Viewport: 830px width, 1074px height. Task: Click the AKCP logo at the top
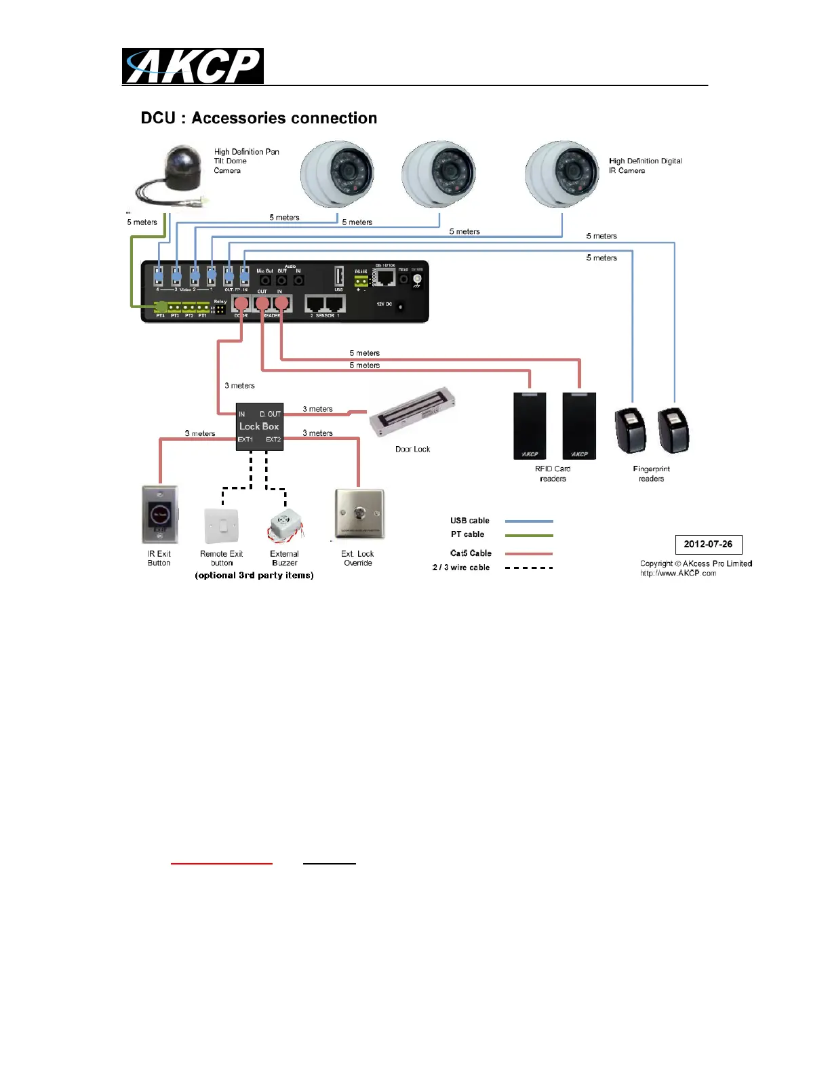tap(193, 66)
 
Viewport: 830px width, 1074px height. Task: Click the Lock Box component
tap(259, 426)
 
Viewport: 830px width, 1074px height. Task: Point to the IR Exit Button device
tap(160, 515)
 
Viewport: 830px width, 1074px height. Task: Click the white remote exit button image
tap(222, 526)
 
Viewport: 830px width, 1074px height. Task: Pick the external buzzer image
tap(285, 526)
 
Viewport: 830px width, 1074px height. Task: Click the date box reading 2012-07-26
tap(709, 544)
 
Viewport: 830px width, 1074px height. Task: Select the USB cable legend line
tap(529, 521)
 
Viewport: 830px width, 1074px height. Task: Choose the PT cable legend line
tap(529, 535)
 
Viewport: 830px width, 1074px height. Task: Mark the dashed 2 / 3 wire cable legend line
tap(529, 568)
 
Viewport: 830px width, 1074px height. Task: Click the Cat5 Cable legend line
tap(529, 554)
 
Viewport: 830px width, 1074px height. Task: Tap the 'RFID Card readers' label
tap(553, 474)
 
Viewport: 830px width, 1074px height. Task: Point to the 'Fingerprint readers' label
tap(651, 474)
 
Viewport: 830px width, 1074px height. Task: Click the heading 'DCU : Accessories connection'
tap(258, 118)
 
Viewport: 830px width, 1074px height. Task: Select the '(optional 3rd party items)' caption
tap(254, 576)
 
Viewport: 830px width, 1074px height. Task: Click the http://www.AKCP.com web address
tap(678, 574)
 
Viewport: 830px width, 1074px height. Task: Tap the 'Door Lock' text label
tap(412, 450)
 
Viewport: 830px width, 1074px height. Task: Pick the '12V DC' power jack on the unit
tap(400, 307)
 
